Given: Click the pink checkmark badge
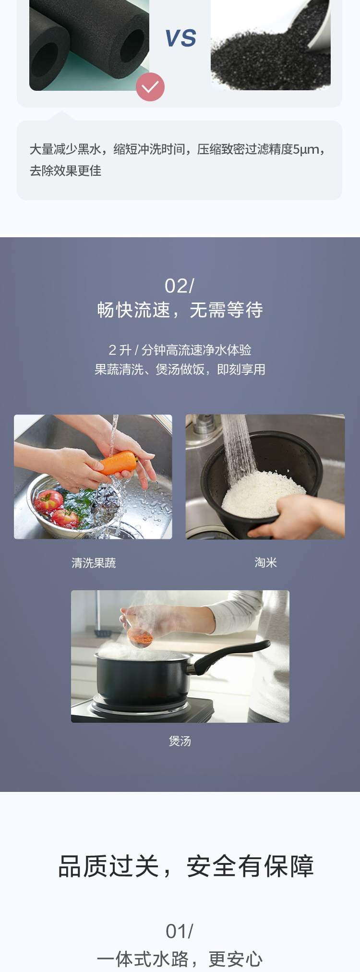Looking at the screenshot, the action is click(150, 87).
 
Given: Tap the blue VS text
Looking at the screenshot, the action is click(180, 38).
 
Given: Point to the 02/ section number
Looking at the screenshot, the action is click(180, 286).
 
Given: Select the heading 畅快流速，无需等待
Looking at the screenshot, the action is click(180, 310).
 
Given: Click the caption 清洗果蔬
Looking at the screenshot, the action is click(94, 563).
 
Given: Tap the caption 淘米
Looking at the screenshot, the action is click(266, 562).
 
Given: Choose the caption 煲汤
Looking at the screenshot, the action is click(180, 741).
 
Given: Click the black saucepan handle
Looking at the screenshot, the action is click(230, 655).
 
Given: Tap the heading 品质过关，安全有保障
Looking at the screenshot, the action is click(186, 866).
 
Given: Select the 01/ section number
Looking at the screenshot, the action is click(180, 931).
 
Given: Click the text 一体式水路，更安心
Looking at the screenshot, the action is click(180, 959).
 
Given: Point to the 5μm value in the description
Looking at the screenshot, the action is click(306, 149).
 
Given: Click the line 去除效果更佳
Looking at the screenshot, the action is click(66, 170).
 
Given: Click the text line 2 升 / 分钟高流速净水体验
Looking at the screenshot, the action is click(180, 350).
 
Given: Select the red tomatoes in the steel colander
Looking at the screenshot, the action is click(54, 508).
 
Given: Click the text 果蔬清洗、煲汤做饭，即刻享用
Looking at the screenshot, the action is click(180, 369).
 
